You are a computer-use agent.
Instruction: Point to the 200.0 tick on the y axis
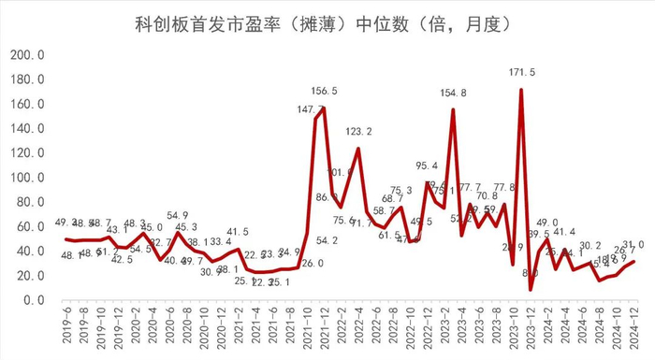[x=28, y=55]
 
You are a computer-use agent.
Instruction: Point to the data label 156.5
[x=323, y=91]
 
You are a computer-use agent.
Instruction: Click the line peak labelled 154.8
[x=453, y=110]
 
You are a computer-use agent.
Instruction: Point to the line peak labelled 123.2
[x=357, y=149]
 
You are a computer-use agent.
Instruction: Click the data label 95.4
[x=426, y=166]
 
